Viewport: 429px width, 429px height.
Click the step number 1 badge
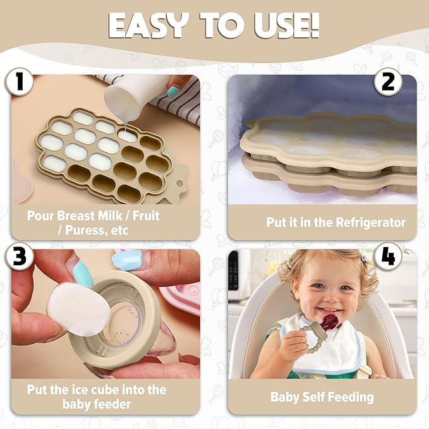point(19,82)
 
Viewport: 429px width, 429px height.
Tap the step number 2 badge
point(388,82)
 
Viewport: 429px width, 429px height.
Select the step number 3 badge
point(20,257)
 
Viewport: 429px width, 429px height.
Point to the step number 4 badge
point(388,257)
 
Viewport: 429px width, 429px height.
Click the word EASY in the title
point(148,25)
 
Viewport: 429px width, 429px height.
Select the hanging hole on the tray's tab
point(179,183)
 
